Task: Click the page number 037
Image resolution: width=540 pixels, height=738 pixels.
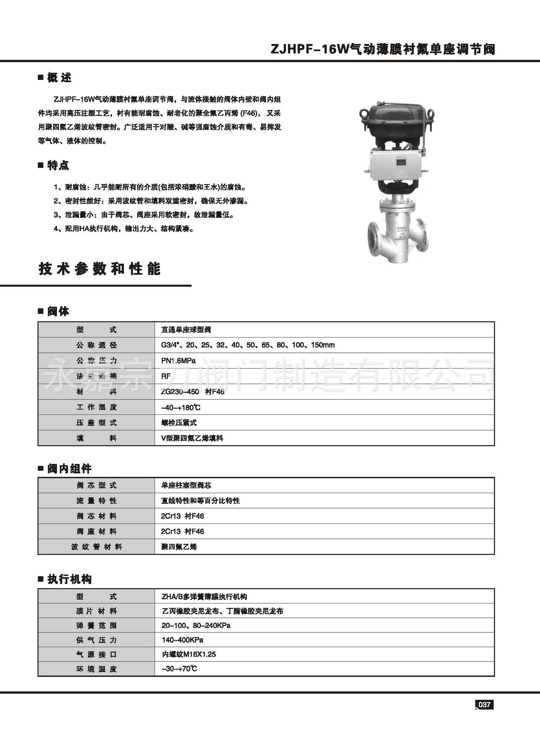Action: pos(484,705)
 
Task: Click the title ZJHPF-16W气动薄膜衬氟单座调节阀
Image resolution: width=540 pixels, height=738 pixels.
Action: pos(383,49)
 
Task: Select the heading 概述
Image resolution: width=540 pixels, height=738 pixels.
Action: pos(59,78)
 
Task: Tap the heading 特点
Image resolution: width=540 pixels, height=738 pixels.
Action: pos(58,165)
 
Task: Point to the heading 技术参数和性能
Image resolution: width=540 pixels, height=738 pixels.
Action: pos(99,269)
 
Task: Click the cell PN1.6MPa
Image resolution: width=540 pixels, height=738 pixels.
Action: pos(178,361)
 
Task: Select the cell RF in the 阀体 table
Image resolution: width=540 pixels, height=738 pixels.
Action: pos(166,376)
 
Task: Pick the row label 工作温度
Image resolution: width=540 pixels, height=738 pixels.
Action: pos(96,407)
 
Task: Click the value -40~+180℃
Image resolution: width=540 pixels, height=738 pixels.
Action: pos(181,407)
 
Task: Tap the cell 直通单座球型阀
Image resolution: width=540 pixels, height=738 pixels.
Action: pos(186,329)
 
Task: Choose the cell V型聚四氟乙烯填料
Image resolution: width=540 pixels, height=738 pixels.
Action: pos(192,438)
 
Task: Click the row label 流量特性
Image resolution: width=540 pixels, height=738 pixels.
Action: pos(96,500)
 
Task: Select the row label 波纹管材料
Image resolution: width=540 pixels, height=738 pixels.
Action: pos(96,547)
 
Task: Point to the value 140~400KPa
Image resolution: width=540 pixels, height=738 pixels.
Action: pos(182,640)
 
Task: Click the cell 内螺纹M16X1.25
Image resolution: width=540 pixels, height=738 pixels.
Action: pos(189,654)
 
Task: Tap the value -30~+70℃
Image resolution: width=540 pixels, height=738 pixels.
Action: pos(179,669)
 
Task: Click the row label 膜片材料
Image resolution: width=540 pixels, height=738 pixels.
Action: pos(96,611)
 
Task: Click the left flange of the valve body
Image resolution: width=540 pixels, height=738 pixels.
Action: pos(372,239)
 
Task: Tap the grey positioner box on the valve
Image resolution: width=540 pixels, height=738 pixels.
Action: pos(396,165)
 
